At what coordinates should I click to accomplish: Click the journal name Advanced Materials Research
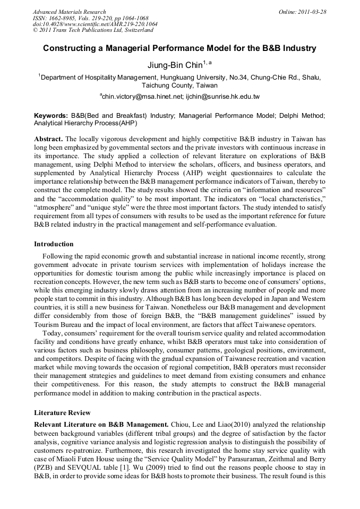pos(69,12)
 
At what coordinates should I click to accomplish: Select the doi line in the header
pos(95,24)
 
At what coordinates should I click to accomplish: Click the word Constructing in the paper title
pos(67,48)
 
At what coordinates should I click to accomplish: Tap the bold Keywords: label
pos(51,115)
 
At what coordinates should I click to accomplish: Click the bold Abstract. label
pos(48,139)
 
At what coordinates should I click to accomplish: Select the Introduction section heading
pos(54,244)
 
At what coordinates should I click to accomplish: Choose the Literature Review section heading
pos(62,412)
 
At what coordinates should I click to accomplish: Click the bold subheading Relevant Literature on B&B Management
pos(101,425)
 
